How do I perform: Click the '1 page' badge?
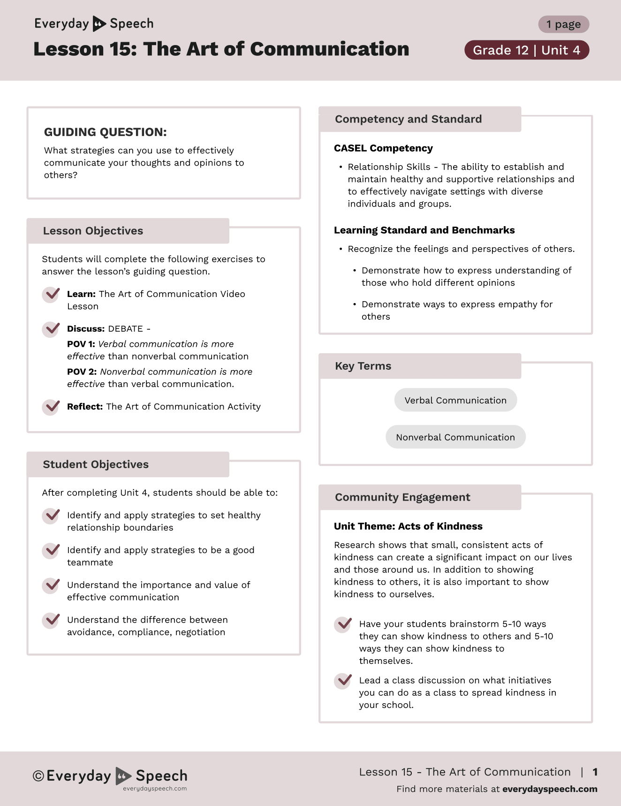point(563,24)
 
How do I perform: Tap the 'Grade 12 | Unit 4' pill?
point(526,50)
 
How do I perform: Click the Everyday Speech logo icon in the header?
point(99,23)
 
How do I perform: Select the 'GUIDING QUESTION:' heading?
point(105,132)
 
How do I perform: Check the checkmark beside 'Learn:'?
point(51,295)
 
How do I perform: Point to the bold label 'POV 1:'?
point(81,344)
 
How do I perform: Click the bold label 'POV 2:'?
point(82,372)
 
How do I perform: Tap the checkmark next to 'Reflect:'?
point(51,407)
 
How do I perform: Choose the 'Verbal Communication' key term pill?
point(455,400)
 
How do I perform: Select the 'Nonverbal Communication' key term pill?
point(455,437)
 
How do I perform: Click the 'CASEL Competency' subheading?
point(383,148)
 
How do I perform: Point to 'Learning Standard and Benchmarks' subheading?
point(424,230)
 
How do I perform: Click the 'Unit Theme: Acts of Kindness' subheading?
point(408,526)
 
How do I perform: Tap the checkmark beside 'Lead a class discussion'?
point(343,681)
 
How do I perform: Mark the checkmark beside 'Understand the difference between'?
point(51,620)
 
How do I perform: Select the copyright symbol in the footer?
point(38,776)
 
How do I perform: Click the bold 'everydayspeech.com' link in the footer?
point(550,789)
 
